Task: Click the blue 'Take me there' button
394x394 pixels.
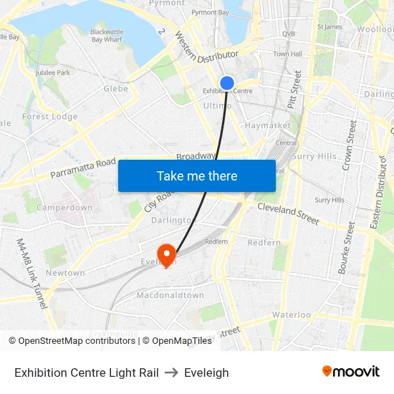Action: pos(197,176)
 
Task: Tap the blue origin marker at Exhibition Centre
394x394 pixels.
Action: pos(227,83)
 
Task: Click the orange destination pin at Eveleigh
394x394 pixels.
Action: pos(167,253)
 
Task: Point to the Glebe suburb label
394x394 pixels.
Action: pos(116,89)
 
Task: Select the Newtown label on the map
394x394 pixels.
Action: pos(65,273)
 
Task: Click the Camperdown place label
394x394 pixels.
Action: pos(64,208)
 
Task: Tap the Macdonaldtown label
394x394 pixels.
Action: pos(170,295)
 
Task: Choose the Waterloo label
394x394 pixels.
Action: pos(291,314)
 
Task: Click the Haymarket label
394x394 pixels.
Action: pos(267,125)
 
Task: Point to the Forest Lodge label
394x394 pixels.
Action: pos(49,117)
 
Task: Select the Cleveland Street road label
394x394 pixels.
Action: pos(288,212)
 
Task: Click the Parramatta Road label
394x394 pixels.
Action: pos(82,170)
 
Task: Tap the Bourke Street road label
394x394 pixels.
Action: pos(347,248)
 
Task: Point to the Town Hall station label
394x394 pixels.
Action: pos(287,54)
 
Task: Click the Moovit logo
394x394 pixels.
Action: pos(350,372)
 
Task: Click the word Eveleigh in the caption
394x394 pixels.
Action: pos(206,373)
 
